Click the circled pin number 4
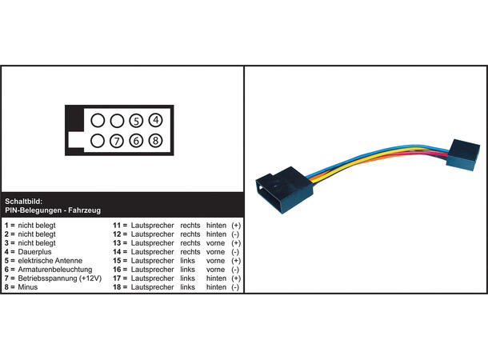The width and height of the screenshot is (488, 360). [156, 120]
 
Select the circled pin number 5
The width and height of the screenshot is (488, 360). [136, 121]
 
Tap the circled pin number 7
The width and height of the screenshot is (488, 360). [117, 141]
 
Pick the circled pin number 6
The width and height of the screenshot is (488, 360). [136, 141]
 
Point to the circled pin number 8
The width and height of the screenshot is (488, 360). [156, 141]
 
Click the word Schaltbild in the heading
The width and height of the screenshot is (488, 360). [23, 202]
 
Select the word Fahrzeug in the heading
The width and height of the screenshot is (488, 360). [84, 210]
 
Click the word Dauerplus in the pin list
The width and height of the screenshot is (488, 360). [34, 252]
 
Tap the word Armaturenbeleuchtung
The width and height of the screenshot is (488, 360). [55, 270]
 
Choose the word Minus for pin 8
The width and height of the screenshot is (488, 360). [28, 287]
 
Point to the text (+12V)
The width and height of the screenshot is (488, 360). [90, 278]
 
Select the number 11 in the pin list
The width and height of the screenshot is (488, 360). [117, 226]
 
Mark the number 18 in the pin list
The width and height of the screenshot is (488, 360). [117, 287]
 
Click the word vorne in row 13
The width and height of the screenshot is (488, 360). [215, 243]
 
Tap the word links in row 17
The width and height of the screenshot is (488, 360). [188, 278]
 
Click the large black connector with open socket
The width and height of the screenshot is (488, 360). [284, 190]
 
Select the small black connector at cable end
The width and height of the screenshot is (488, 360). [462, 155]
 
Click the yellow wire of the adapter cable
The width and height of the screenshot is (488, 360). [374, 158]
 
